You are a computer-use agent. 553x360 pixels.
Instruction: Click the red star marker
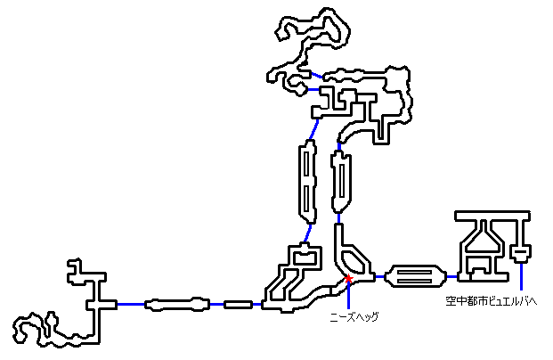348,282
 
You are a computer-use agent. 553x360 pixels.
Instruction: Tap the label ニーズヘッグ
353,316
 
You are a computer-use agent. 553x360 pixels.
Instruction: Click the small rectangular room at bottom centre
238,305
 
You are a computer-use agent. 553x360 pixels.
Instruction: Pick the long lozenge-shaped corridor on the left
178,305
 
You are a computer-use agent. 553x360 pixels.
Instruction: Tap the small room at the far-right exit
522,255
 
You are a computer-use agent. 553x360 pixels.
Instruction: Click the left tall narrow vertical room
305,186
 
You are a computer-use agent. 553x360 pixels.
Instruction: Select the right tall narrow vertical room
339,182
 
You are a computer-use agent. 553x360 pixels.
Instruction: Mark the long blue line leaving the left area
131,305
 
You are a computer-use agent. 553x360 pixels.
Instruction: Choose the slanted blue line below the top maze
312,131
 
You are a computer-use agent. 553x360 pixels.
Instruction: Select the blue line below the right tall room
338,217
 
